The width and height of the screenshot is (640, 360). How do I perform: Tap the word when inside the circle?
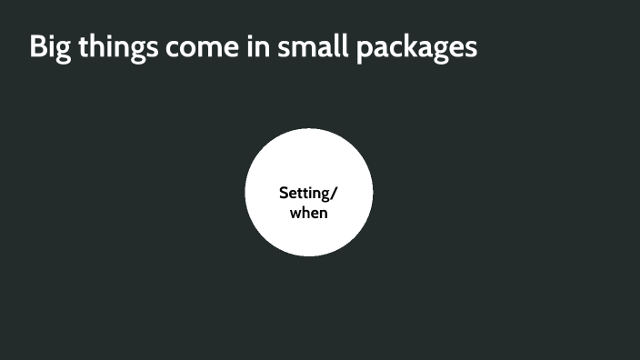click(x=309, y=213)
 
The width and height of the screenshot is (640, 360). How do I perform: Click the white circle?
click(x=309, y=236)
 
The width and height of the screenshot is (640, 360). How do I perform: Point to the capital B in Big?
click(x=38, y=47)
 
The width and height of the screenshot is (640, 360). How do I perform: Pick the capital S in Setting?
click(x=283, y=193)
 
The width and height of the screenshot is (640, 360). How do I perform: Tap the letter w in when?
click(x=295, y=214)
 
